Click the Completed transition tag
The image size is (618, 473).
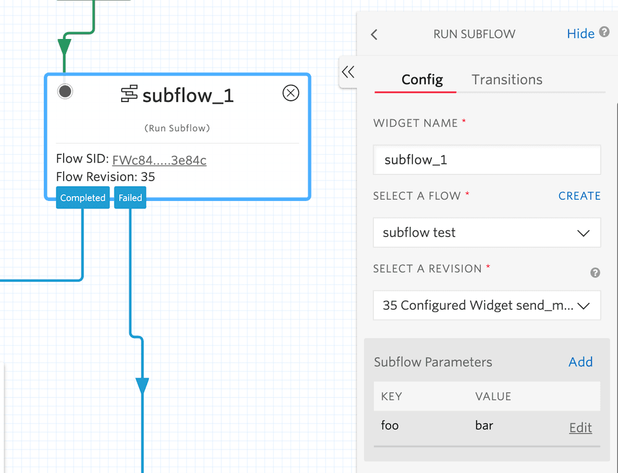(x=83, y=198)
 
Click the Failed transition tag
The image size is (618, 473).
(x=130, y=198)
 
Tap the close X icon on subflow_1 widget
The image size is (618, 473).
(x=290, y=93)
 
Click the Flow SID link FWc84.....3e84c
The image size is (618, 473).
(x=159, y=160)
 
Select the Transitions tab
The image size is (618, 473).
(x=507, y=80)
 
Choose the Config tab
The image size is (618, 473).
(x=422, y=80)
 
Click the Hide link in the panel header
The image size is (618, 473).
(x=580, y=34)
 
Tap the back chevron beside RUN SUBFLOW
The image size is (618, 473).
(x=374, y=35)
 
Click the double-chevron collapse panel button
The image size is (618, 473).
(x=349, y=72)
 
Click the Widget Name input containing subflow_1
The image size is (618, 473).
(x=487, y=160)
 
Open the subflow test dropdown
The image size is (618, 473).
(x=487, y=233)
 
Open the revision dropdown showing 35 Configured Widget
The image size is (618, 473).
(x=487, y=305)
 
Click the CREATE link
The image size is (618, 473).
(x=579, y=196)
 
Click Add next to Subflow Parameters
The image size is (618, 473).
(x=580, y=362)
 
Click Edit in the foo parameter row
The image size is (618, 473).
(x=580, y=428)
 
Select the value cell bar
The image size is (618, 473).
(x=484, y=425)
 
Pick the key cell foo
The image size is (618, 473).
(x=390, y=425)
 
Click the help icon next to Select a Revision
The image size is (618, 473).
(x=595, y=273)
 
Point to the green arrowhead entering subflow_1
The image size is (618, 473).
(x=64, y=47)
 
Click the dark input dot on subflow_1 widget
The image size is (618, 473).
(x=65, y=92)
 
